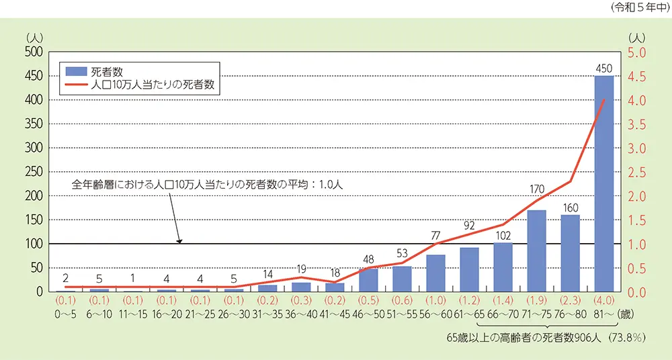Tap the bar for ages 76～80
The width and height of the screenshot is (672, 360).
(x=570, y=253)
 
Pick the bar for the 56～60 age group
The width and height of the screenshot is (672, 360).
(x=435, y=273)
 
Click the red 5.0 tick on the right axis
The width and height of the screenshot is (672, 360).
(x=636, y=52)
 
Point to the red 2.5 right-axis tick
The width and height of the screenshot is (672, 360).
(x=636, y=172)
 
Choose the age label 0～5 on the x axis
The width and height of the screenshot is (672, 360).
(x=66, y=314)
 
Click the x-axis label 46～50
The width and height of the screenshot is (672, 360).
(x=368, y=314)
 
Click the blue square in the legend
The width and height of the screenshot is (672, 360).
(x=73, y=71)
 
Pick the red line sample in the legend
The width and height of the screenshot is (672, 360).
(x=73, y=85)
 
